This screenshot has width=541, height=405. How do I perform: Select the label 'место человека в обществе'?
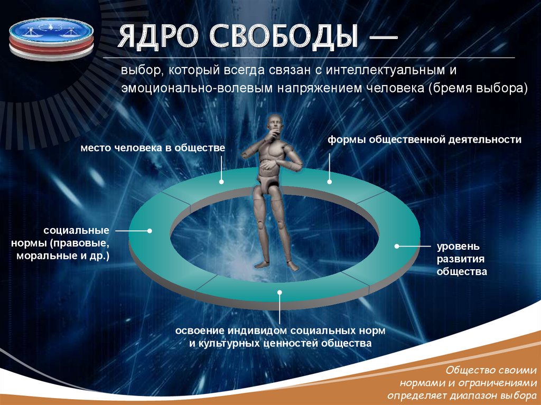point(153,148)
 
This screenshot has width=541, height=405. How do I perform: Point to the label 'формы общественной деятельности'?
point(424,140)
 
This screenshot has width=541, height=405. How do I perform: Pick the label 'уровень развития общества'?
point(458,259)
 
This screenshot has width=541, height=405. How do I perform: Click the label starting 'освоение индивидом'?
point(281,337)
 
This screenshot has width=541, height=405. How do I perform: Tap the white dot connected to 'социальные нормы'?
point(150,231)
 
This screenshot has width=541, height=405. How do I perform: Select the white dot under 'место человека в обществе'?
point(221,182)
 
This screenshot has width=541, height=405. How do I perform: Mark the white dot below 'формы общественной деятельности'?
point(329,182)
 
